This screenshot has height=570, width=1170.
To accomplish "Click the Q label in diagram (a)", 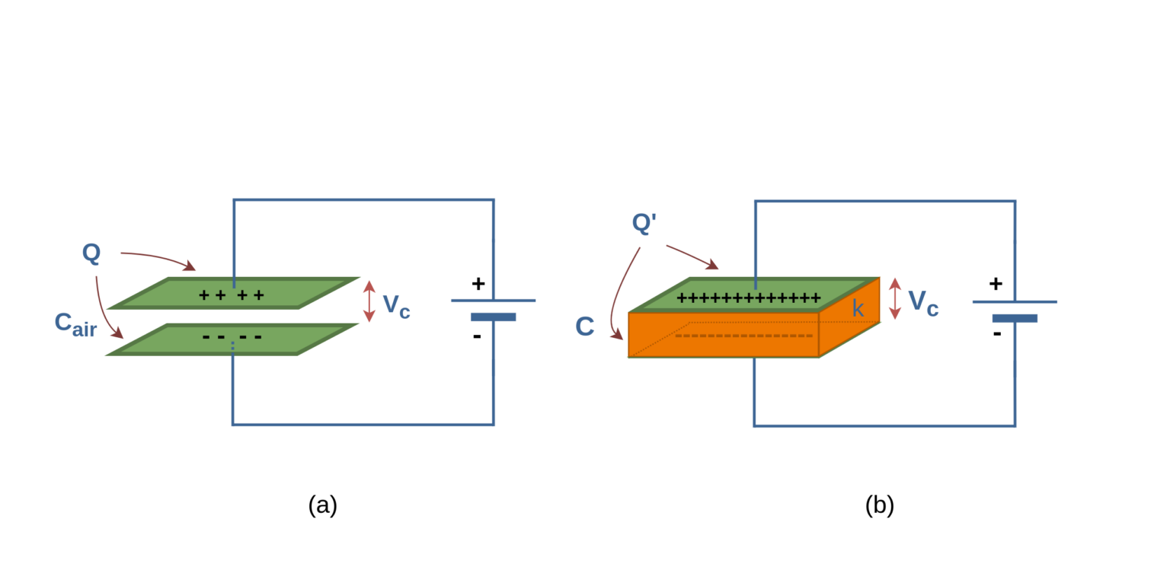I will (x=91, y=253).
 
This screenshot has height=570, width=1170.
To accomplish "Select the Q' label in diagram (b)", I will (x=644, y=223).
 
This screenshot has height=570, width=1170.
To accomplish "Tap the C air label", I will (x=75, y=323).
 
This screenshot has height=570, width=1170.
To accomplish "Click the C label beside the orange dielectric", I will (x=584, y=326).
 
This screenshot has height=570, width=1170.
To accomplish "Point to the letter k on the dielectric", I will (x=858, y=309).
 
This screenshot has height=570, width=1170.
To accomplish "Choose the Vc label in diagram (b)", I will (x=923, y=303).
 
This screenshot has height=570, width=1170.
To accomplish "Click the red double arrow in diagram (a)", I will (x=369, y=301).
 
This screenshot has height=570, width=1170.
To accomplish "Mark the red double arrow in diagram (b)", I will (x=895, y=298).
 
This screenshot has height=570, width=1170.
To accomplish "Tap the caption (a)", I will (x=322, y=505).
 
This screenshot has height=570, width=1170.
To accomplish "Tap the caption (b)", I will (x=879, y=505).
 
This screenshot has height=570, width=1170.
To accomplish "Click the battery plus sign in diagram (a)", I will (x=478, y=284).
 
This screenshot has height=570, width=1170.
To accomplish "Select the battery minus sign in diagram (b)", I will (x=996, y=333).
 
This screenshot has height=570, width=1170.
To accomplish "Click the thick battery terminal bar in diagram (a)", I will (x=493, y=317).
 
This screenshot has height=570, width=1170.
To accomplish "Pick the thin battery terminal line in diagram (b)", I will (x=1014, y=301).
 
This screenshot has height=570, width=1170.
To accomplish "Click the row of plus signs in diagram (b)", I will (x=748, y=298).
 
